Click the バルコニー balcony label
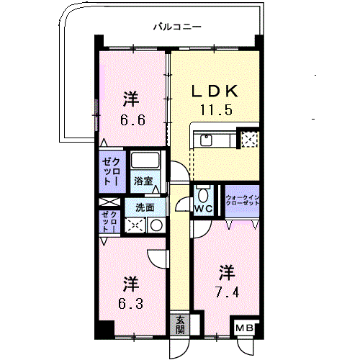[177, 27]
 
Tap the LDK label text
[215, 91]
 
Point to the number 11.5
[216, 110]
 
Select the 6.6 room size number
[132, 120]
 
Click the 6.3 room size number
[130, 303]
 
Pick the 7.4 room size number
[227, 292]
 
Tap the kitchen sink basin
[206, 140]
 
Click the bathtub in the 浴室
[145, 160]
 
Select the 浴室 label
[143, 181]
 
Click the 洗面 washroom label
[145, 207]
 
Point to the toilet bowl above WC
[204, 196]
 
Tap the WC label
[204, 209]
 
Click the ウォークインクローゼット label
[243, 200]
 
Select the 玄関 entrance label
[180, 325]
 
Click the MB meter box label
[244, 328]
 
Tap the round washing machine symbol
[156, 225]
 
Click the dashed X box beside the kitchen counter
[249, 139]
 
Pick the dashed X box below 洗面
[135, 225]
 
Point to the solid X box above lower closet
[109, 202]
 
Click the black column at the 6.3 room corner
[104, 329]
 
